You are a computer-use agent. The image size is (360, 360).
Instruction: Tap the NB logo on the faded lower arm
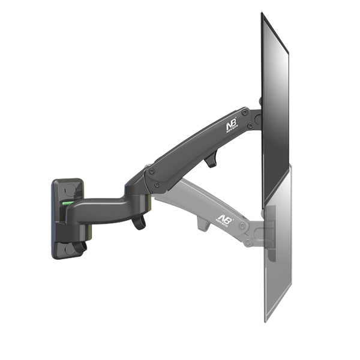tap(223, 219)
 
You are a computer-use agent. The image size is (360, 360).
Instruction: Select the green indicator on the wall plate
tap(67, 203)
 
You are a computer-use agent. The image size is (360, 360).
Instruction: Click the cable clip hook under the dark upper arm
tap(210, 160)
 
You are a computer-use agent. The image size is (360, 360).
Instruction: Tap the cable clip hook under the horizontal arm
tap(139, 222)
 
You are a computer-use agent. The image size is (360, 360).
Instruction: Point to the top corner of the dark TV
tap(263, 14)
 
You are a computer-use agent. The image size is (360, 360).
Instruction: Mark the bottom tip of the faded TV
tap(266, 319)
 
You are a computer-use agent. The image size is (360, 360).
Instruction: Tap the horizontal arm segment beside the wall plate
tap(102, 210)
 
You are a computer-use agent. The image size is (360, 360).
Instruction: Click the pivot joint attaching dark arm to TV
tap(257, 119)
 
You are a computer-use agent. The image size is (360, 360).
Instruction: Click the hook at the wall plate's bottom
tap(79, 247)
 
